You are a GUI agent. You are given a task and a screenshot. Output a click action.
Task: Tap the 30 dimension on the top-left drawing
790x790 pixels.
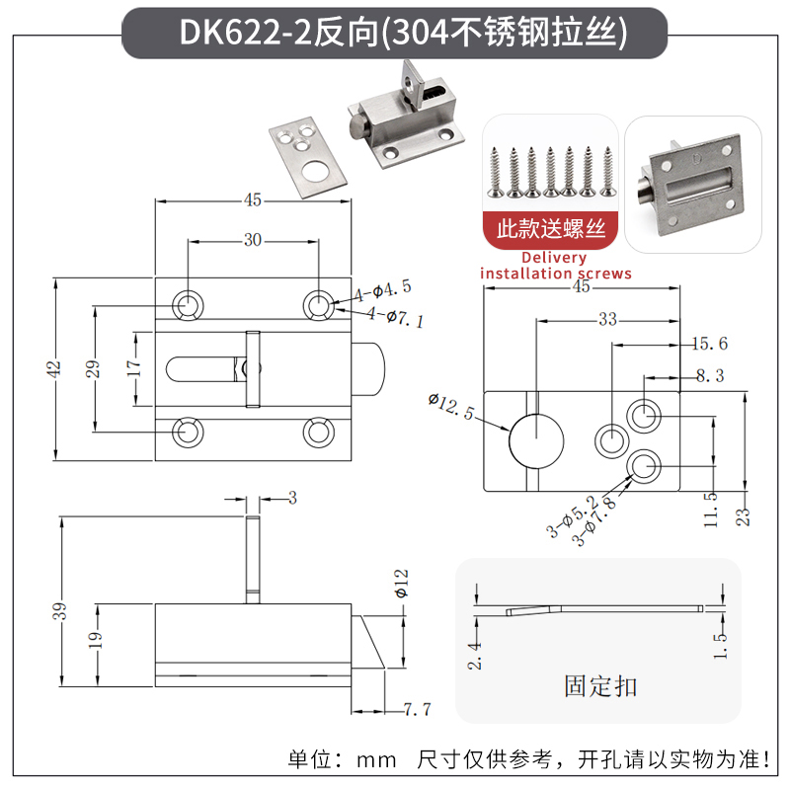pyautogui.click(x=253, y=240)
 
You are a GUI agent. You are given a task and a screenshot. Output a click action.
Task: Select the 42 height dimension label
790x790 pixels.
pyautogui.click(x=55, y=367)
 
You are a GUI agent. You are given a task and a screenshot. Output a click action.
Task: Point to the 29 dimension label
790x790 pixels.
pyautogui.click(x=93, y=368)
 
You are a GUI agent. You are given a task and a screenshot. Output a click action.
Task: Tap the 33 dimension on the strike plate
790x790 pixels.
pyautogui.click(x=606, y=319)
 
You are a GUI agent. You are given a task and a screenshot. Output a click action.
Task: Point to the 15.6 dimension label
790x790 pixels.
pyautogui.click(x=708, y=344)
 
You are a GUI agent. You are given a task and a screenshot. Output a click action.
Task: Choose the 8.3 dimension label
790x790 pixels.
pyautogui.click(x=710, y=375)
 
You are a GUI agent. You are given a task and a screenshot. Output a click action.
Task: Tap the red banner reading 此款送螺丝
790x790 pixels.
pyautogui.click(x=550, y=230)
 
